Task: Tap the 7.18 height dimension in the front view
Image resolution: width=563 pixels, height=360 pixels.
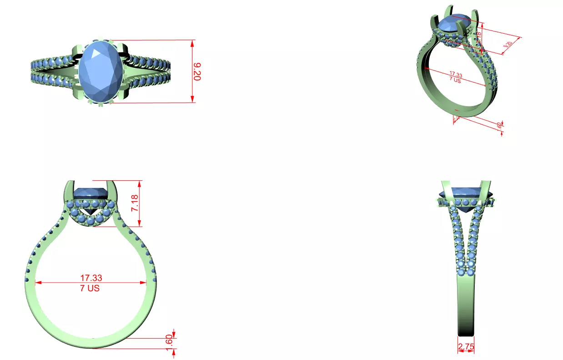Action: pyautogui.click(x=135, y=203)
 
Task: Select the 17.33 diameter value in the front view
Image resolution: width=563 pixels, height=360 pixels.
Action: pyautogui.click(x=91, y=277)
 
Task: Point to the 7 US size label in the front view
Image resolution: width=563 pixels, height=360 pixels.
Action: pyautogui.click(x=91, y=288)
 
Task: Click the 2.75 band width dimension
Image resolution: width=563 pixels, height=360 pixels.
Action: pyautogui.click(x=466, y=347)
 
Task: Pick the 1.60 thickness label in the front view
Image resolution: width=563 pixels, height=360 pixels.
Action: pyautogui.click(x=169, y=340)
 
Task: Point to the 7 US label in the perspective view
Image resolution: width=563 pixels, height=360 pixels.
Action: pyautogui.click(x=455, y=80)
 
